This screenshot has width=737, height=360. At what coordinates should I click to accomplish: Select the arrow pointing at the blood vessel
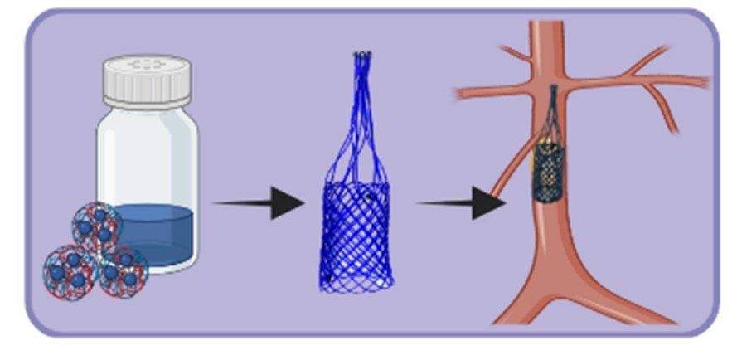[461, 202]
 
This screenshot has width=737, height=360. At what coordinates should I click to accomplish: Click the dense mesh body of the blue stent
[356, 236]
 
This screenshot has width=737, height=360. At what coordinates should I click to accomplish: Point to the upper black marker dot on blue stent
[368, 197]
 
